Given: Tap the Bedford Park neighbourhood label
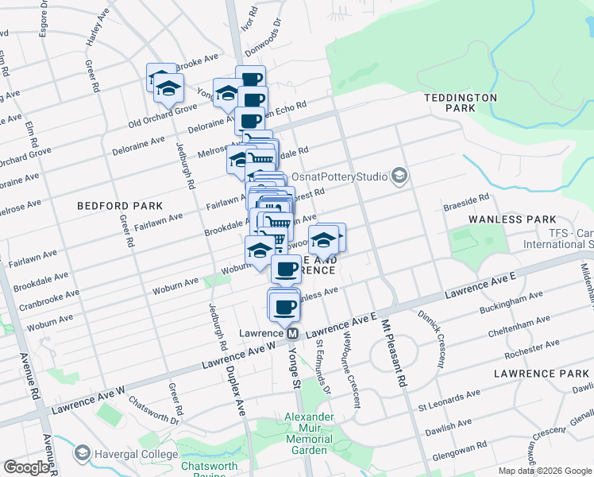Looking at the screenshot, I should [109, 206].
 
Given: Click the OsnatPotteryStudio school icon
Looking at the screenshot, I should [399, 176].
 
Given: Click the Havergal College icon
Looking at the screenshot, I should [82, 453].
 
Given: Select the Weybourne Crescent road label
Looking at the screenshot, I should [351, 372].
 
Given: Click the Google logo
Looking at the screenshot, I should [26, 468].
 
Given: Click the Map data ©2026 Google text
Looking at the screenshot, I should [544, 471].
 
